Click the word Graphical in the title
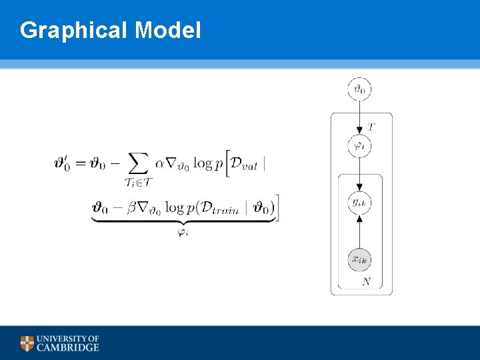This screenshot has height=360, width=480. coord(74,30)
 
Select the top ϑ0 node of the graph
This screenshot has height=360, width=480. coord(360,88)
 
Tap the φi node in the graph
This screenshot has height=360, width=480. coord(360,145)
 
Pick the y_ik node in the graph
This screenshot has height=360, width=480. coord(360,202)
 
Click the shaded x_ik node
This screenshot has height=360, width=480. coord(360,259)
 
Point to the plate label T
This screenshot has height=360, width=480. coord(371,126)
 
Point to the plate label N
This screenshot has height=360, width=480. coord(366,282)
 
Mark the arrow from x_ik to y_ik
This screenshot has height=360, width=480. coord(360,231)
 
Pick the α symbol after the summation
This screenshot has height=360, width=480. coord(159,163)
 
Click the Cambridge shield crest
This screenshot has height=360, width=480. coord(27,343)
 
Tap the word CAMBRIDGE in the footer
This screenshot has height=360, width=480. coord(68,347)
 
